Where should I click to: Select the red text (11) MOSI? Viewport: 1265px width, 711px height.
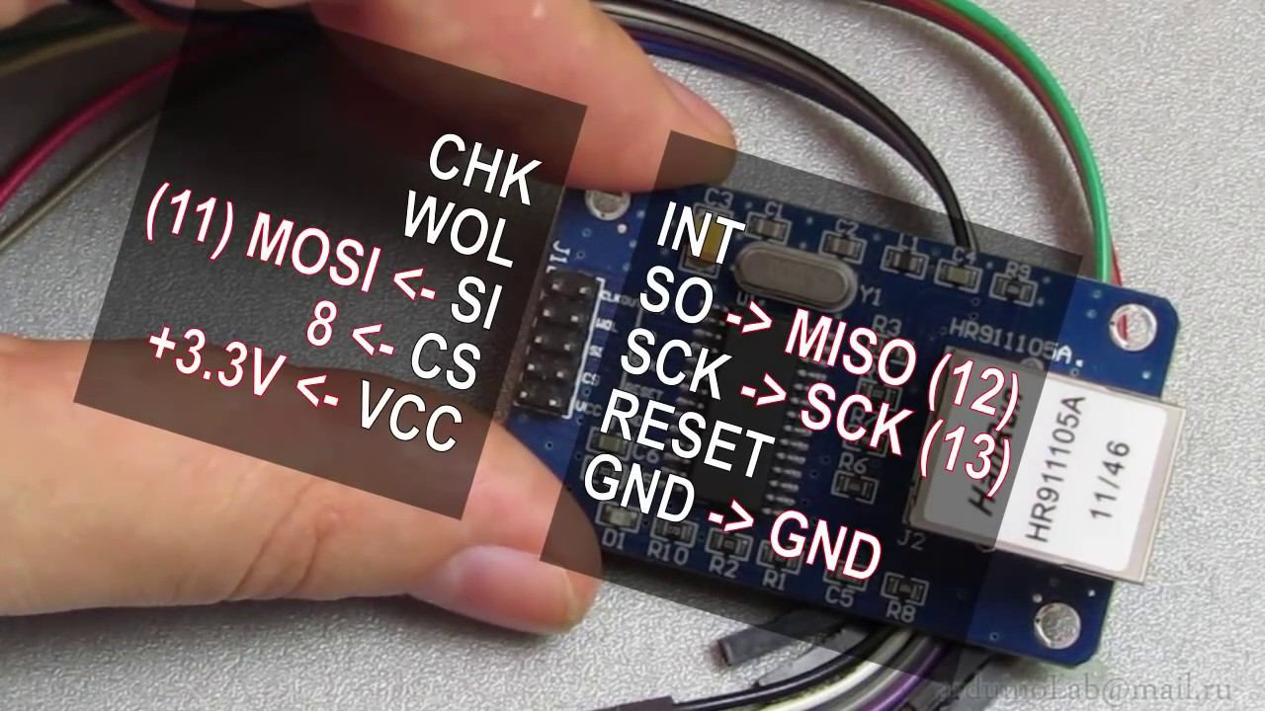(x=265, y=243)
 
